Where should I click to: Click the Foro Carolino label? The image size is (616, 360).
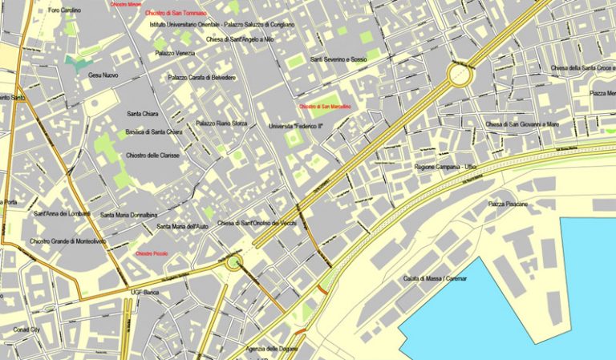pyautogui.click(x=65, y=10)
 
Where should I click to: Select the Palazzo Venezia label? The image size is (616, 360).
pyautogui.click(x=175, y=53)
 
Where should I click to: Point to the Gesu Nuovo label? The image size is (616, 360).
pyautogui.click(x=103, y=75)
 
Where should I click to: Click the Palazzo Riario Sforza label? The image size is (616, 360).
pyautogui.click(x=222, y=123)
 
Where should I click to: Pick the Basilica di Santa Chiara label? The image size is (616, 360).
pyautogui.click(x=154, y=132)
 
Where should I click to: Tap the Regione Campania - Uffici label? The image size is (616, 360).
pyautogui.click(x=446, y=167)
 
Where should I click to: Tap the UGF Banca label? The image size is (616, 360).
pyautogui.click(x=147, y=293)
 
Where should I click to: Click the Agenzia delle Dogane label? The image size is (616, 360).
pyautogui.click(x=273, y=349)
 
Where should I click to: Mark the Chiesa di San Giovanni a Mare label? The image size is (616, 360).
pyautogui.click(x=522, y=124)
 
